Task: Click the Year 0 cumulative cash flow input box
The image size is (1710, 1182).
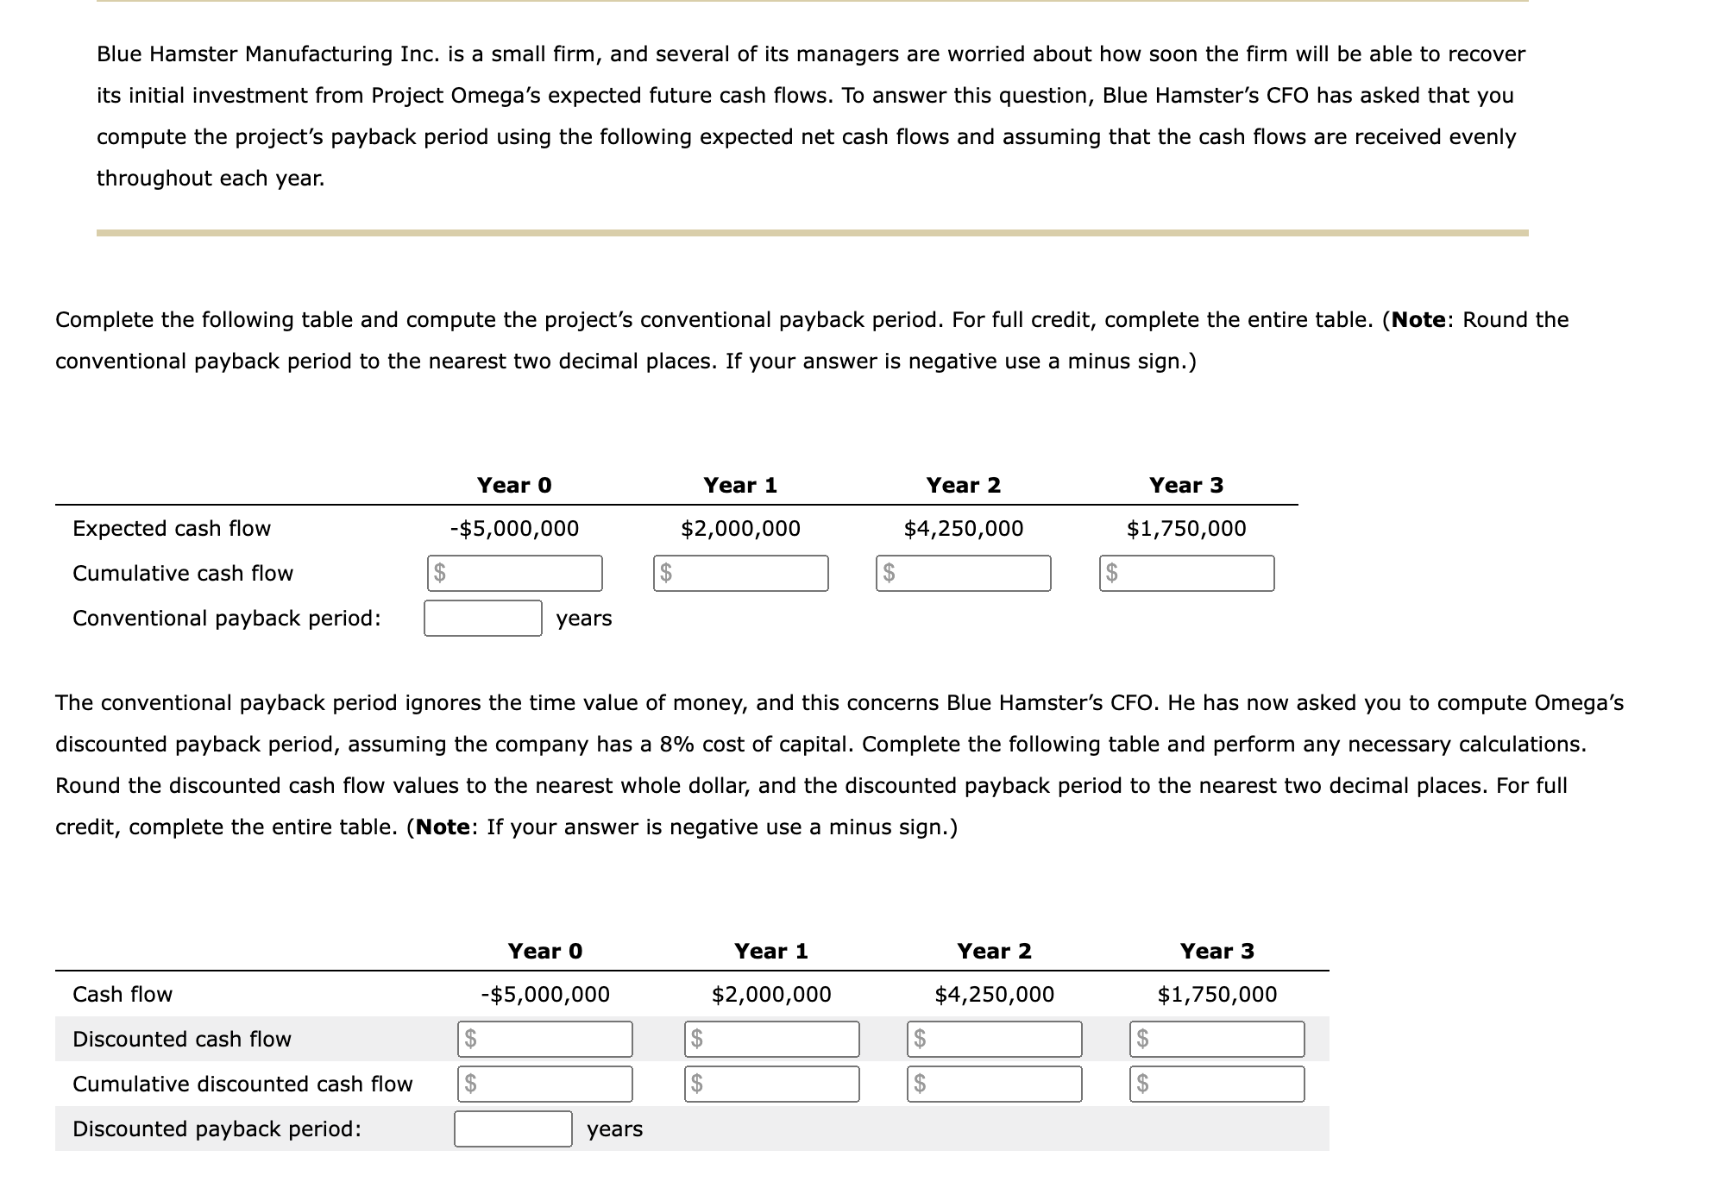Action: coord(515,573)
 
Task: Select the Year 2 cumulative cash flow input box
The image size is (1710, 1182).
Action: coord(964,573)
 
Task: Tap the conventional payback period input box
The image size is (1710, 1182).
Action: coord(482,618)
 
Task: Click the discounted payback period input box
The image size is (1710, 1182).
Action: coord(512,1129)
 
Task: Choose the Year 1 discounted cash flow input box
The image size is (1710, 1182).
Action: coord(772,1039)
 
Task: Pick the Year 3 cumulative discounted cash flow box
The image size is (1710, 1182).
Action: coord(1217,1084)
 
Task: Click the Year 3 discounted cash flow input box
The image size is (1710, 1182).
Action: coord(1217,1039)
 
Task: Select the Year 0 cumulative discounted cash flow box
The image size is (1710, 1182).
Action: coord(544,1084)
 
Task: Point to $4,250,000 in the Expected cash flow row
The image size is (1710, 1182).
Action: coord(963,528)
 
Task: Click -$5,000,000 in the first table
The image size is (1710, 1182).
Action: coord(514,528)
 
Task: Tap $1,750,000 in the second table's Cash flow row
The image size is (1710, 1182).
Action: coord(1216,994)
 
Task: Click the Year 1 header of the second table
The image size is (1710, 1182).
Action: coord(770,951)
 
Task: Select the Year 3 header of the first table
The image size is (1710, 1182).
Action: coord(1185,485)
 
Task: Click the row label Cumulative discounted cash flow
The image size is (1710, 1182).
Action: coord(242,1084)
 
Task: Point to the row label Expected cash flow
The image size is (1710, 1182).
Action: coord(172,528)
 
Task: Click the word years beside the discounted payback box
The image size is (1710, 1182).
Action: coord(614,1129)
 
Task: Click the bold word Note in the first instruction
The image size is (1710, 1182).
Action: coord(1418,319)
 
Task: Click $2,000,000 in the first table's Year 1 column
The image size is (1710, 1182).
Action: coord(740,528)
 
